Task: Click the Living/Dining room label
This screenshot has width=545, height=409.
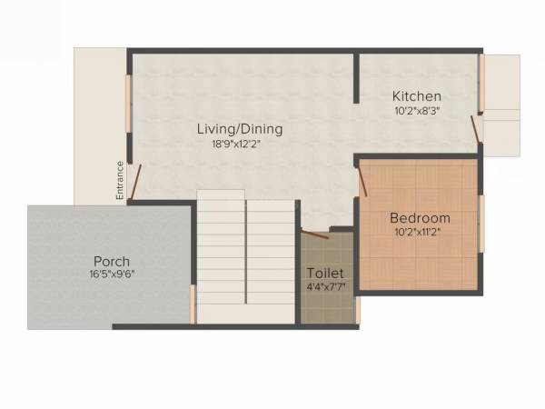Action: pos(240,129)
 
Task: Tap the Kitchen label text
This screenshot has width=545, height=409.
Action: pos(417,96)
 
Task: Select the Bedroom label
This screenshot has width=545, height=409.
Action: pos(420,218)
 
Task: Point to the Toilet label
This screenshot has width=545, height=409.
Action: pos(325,273)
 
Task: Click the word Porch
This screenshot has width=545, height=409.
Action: pos(112,262)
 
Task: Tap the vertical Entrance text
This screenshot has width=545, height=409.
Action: pos(119,179)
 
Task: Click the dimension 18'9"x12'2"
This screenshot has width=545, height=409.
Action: pos(240,143)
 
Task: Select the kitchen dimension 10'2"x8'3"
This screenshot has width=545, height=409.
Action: pos(417,111)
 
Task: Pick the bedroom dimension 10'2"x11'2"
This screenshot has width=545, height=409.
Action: pos(420,233)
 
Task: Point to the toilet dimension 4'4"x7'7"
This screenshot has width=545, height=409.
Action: pos(325,287)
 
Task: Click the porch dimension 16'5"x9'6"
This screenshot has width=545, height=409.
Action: pos(112,274)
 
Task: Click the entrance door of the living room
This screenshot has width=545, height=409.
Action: pos(135,182)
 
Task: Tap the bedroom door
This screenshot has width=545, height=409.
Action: pos(363,179)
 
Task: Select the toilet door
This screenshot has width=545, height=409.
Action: pos(314,234)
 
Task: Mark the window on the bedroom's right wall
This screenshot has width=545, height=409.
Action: pos(481,223)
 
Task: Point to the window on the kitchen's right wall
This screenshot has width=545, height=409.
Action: pos(481,85)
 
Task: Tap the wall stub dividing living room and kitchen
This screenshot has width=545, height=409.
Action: pos(355,76)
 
